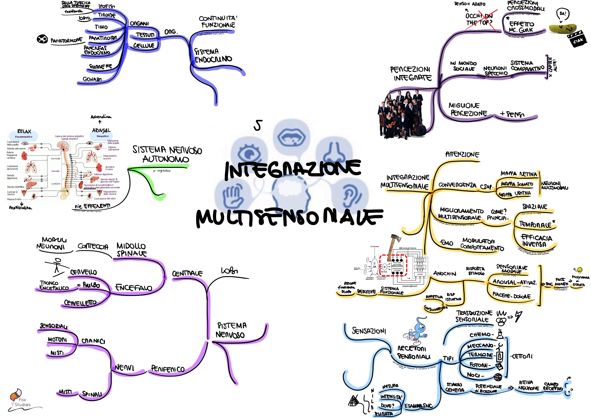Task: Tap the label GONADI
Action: pos(92,79)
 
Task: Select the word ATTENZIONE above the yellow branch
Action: pos(462,155)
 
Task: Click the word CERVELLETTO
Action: pos(80,303)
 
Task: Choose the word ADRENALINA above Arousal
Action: pos(101,117)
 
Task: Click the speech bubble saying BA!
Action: pos(563,14)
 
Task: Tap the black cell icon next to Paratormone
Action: pos(42,39)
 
